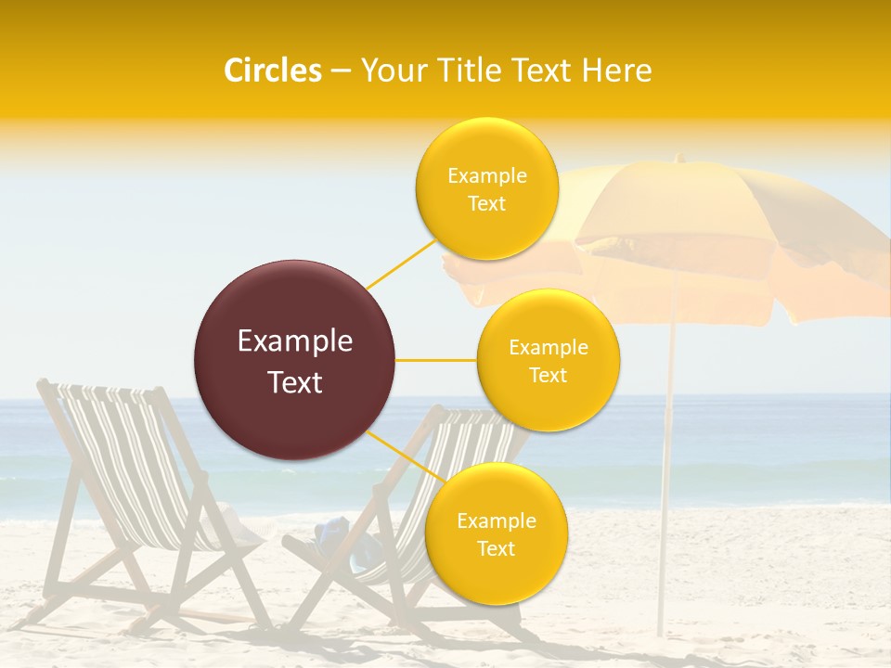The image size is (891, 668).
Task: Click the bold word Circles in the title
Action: [273, 71]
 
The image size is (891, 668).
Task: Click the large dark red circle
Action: [294, 360]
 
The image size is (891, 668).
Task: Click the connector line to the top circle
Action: [401, 263]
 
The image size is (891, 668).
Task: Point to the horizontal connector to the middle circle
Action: [436, 360]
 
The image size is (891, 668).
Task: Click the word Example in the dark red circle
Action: [295, 341]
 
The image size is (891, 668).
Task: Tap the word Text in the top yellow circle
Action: [486, 204]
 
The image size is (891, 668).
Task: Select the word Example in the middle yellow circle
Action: [548, 348]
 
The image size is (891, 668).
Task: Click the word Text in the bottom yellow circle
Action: [496, 549]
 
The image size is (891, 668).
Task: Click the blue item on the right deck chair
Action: [327, 533]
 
